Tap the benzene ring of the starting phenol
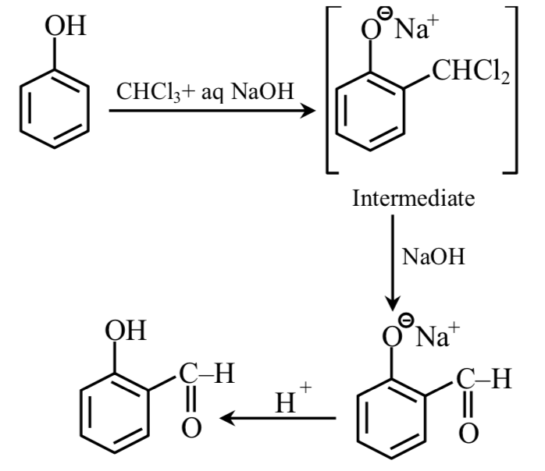54,108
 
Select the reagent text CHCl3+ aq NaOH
205,93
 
